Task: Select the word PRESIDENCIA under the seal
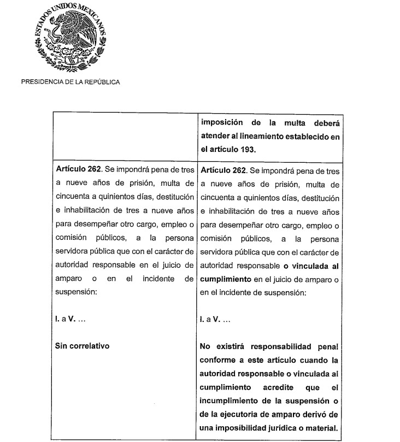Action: coord(40,82)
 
